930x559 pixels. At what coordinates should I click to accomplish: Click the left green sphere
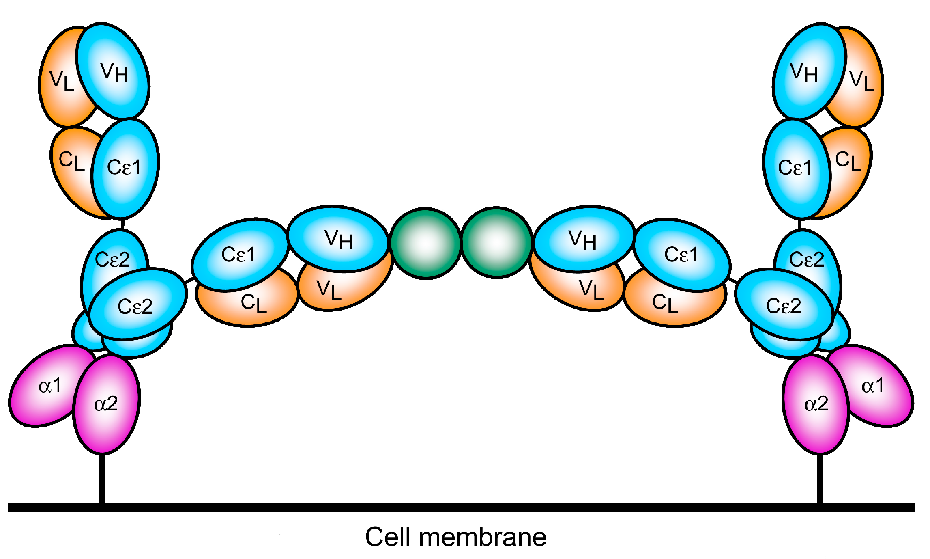(425, 243)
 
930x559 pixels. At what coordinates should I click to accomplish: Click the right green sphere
(496, 242)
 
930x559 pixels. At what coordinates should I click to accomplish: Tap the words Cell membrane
(455, 537)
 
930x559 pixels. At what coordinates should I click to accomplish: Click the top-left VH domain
(113, 72)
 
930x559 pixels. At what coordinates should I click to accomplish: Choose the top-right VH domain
(805, 72)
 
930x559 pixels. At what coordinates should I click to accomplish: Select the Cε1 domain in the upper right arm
(795, 167)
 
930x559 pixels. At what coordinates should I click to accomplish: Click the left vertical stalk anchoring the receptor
(102, 479)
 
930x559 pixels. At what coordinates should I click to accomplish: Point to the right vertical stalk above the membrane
(820, 479)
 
